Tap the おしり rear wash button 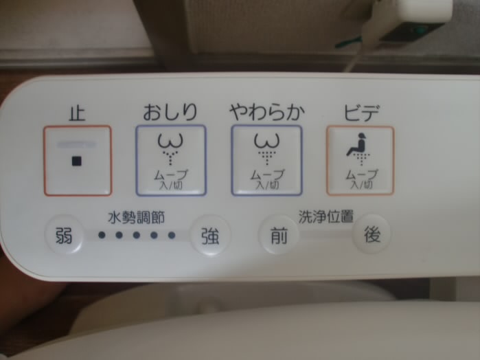(171, 161)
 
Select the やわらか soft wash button (266, 161)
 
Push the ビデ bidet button (361, 161)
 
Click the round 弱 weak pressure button (64, 235)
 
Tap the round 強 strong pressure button (210, 235)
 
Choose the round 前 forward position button (279, 235)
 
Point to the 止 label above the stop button (76, 113)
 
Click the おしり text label (170, 112)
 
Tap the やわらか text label (267, 112)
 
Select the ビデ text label (361, 112)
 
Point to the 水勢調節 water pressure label (136, 218)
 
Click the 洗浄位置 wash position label (326, 216)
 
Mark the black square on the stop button (76, 161)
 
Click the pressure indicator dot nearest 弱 (102, 235)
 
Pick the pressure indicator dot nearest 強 (172, 235)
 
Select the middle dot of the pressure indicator (137, 235)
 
